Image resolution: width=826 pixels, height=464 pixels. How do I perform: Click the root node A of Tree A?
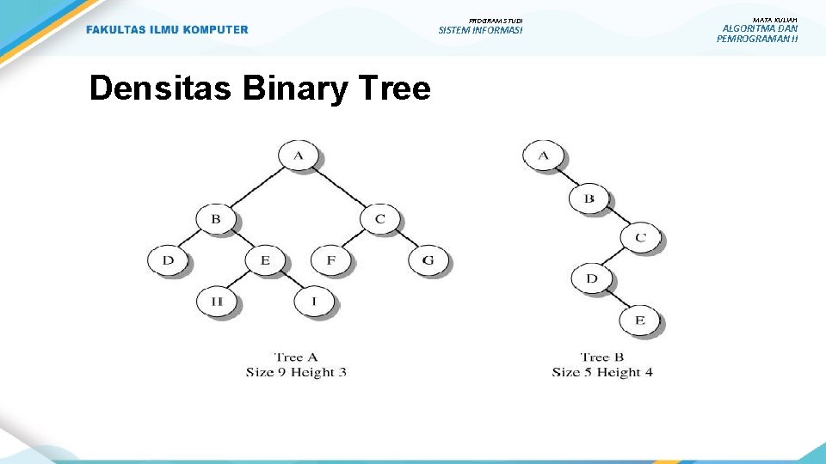298,156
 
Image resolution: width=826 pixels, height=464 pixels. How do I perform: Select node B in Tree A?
215,218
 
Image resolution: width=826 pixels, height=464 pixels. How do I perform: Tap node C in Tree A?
379,218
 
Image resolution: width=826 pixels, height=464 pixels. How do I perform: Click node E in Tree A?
264,259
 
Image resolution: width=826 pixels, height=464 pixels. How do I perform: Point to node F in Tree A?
330,259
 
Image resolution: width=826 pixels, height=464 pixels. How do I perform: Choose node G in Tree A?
428,259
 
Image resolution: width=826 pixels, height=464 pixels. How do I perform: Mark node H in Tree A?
216,301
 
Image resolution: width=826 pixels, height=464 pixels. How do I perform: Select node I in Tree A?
313,301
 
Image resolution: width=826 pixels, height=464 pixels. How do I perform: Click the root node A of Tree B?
543,156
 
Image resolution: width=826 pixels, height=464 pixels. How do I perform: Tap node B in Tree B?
589,198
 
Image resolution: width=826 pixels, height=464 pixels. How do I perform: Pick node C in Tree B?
639,237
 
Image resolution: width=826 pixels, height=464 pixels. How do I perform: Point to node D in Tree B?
591,278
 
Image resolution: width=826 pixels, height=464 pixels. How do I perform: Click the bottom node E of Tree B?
639,321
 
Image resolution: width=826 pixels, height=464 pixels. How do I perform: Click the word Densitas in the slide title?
159,88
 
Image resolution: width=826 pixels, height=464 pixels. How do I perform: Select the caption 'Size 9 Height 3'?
296,372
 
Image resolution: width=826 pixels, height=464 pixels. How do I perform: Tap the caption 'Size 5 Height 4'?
602,372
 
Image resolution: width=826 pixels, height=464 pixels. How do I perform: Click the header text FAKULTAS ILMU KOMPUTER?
167,30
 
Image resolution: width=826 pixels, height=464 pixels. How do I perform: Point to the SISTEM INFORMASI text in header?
480,30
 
